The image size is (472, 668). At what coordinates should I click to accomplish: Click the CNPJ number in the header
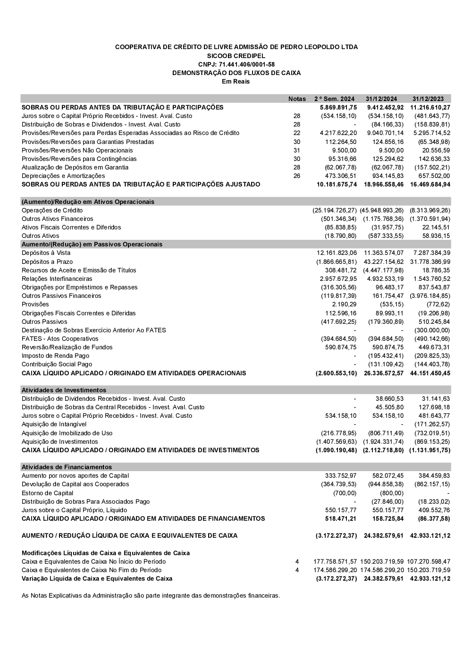point(236,64)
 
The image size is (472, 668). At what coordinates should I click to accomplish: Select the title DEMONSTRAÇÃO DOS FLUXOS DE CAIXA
point(236,73)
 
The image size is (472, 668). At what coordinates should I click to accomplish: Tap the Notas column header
point(297,99)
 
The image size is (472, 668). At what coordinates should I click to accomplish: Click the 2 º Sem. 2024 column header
point(334,99)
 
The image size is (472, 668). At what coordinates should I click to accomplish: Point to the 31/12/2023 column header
point(428,99)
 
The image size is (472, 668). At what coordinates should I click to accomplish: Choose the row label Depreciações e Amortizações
point(63,176)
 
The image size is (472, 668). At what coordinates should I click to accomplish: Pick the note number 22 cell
point(297,133)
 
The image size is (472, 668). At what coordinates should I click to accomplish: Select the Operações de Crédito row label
point(52,210)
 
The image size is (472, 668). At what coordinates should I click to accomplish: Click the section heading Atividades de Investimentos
point(64,390)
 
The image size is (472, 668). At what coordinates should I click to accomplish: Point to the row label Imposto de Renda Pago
point(55,355)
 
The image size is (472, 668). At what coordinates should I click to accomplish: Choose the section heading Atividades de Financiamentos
point(67,467)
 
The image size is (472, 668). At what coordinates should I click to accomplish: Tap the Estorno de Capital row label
point(47,493)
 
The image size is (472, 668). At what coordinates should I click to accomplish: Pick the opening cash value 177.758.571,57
point(335,561)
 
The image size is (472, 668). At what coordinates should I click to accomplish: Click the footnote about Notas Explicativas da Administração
point(151,595)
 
